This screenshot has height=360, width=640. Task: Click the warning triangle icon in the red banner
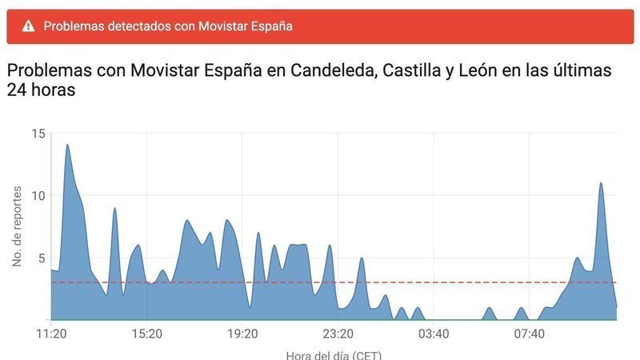29,26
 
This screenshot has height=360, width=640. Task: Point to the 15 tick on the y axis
38,133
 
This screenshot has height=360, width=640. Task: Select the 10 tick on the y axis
38,195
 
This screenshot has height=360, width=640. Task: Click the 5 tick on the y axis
41,258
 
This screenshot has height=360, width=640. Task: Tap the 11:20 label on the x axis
51,333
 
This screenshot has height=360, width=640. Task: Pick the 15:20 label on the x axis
146,333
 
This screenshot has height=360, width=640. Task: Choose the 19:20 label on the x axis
242,333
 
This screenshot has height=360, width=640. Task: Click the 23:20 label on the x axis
338,333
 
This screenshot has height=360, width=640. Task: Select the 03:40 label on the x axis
433,333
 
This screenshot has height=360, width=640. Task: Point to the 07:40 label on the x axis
529,333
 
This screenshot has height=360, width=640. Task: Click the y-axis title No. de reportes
17,226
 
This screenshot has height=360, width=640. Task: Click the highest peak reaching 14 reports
67,146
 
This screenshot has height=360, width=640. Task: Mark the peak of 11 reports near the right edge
601,183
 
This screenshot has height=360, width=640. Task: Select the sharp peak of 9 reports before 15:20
114,208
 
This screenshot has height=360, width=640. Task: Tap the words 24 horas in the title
41,91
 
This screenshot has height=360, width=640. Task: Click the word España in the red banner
270,26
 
